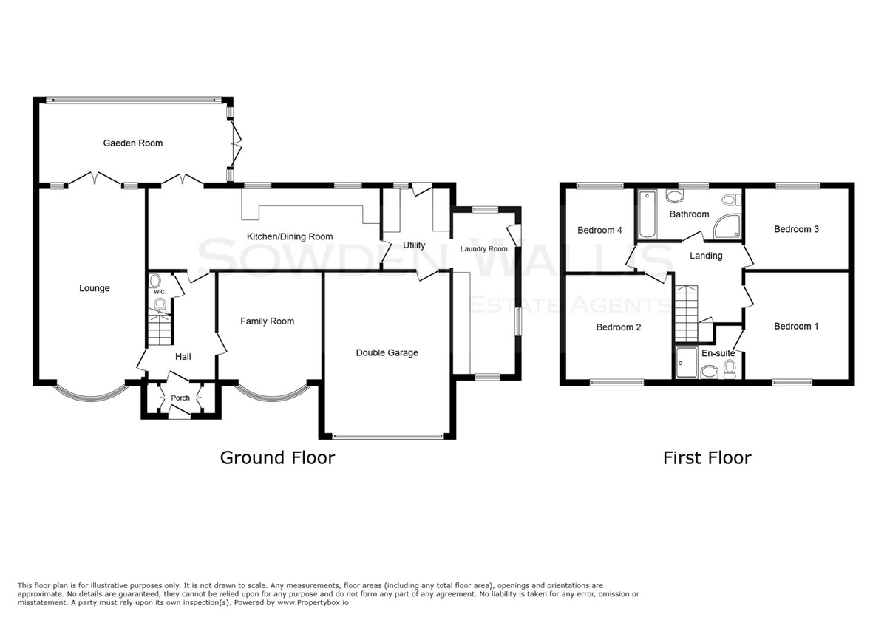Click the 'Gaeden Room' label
[x=132, y=143]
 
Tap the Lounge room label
[x=95, y=288]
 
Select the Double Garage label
[x=387, y=352]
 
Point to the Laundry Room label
[x=484, y=249]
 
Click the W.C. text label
[x=160, y=292]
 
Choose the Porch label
[x=180, y=398]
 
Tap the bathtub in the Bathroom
[x=648, y=214]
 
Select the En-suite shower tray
[x=687, y=362]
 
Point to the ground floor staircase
[x=160, y=329]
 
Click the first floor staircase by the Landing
[x=686, y=313]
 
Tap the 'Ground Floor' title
[x=278, y=458]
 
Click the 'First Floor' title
[x=707, y=458]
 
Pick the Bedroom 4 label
[x=599, y=230]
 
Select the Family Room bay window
[x=273, y=392]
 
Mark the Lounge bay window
[x=92, y=392]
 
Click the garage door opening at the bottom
[x=387, y=437]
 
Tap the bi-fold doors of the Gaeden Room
[x=237, y=143]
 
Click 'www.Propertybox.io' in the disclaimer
[x=313, y=603]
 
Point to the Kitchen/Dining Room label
[x=290, y=236]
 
